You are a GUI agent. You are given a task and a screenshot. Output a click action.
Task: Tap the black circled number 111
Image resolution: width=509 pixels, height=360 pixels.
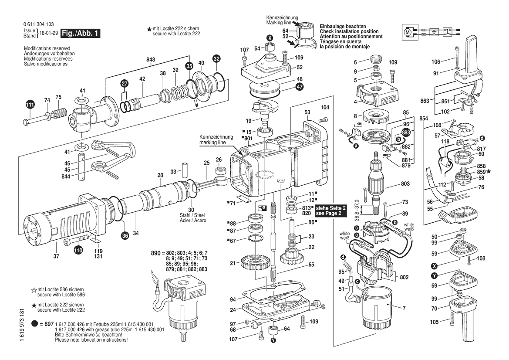[30, 105]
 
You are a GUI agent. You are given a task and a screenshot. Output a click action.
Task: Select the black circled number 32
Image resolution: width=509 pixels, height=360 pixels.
[216, 58]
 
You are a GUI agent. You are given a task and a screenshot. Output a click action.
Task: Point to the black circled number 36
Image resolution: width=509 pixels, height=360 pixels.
[125, 236]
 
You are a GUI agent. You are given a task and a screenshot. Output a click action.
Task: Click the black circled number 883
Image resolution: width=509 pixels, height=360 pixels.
[406, 132]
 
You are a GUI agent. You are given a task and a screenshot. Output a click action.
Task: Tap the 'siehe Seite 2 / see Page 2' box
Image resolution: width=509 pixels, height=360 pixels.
[331, 211]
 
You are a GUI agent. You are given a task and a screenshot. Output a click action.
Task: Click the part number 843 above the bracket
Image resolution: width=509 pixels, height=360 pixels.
[151, 59]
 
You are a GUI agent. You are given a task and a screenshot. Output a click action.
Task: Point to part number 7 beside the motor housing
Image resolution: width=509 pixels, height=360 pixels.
[404, 309]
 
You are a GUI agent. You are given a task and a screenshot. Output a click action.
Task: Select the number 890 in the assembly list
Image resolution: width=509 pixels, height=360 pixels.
[155, 253]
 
